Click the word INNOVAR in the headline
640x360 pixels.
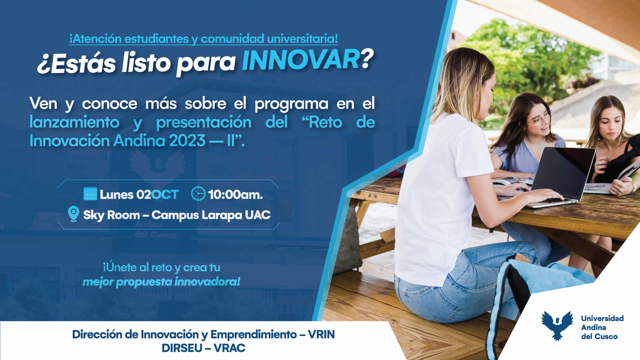tap(300, 60)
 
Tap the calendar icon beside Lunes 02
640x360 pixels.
tap(90, 194)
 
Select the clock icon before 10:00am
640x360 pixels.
tap(198, 194)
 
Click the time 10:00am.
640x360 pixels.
tap(235, 195)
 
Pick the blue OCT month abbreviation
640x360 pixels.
tap(165, 195)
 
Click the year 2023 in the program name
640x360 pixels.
tap(187, 141)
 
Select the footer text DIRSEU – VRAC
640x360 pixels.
tap(203, 348)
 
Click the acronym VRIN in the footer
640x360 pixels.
tap(321, 334)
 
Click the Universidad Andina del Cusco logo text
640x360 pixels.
tap(602, 327)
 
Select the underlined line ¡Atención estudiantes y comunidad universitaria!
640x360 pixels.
tap(204, 39)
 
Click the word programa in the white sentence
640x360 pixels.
tap(291, 104)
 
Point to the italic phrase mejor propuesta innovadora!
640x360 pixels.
tap(161, 282)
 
